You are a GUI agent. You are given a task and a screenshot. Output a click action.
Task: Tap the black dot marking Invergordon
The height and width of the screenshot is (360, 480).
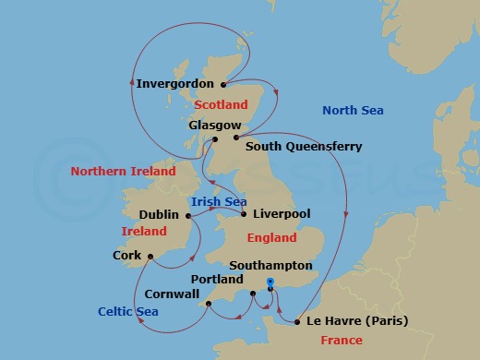pyautogui.click(x=223, y=84)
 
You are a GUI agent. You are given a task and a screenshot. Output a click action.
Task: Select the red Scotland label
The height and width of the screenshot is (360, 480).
pyautogui.click(x=222, y=105)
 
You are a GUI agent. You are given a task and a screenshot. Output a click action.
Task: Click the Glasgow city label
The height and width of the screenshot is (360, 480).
pyautogui.click(x=214, y=125)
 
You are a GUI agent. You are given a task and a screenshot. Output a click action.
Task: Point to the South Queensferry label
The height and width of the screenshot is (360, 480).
pyautogui.click(x=304, y=146)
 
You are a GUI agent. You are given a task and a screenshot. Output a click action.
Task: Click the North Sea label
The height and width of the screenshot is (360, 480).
pyautogui.click(x=353, y=111)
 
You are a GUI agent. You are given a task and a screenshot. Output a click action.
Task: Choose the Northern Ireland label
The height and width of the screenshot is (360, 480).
pyautogui.click(x=123, y=172)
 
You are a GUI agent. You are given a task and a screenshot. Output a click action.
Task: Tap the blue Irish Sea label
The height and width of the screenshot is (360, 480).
pyautogui.click(x=217, y=200)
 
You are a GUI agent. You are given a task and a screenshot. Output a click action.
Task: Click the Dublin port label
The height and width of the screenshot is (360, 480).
pyautogui.click(x=159, y=215)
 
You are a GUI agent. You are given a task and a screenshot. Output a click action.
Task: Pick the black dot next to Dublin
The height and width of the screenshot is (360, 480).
pyautogui.click(x=188, y=216)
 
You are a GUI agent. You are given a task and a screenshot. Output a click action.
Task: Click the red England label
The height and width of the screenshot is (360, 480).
pyautogui.click(x=271, y=238)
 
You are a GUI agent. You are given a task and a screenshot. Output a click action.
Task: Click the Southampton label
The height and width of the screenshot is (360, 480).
pyautogui.click(x=271, y=265)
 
